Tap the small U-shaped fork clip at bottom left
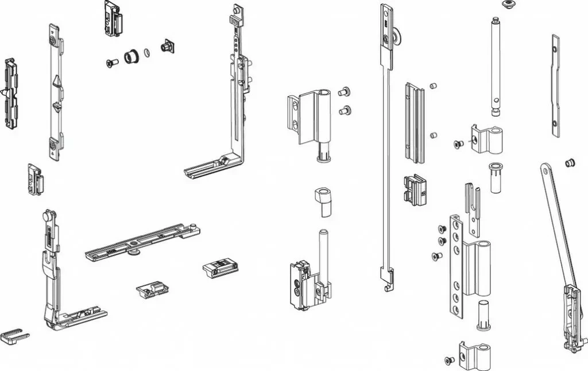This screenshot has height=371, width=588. pyautogui.click(x=14, y=335)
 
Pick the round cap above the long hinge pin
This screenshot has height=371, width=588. pyautogui.click(x=508, y=5)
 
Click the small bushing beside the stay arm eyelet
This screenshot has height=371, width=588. pyautogui.click(x=570, y=163)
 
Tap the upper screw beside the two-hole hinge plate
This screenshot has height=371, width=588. pyautogui.click(x=345, y=91)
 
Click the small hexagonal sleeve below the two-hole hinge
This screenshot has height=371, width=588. pyautogui.click(x=323, y=201)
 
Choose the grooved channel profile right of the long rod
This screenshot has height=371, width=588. pyautogui.click(x=415, y=123)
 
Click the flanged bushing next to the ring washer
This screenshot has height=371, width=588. pyautogui.click(x=131, y=56)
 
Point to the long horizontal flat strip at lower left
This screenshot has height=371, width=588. pyautogui.click(x=142, y=242)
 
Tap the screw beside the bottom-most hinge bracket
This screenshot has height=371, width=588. pyautogui.click(x=449, y=360)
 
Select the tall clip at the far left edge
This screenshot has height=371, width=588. pyautogui.click(x=11, y=93)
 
